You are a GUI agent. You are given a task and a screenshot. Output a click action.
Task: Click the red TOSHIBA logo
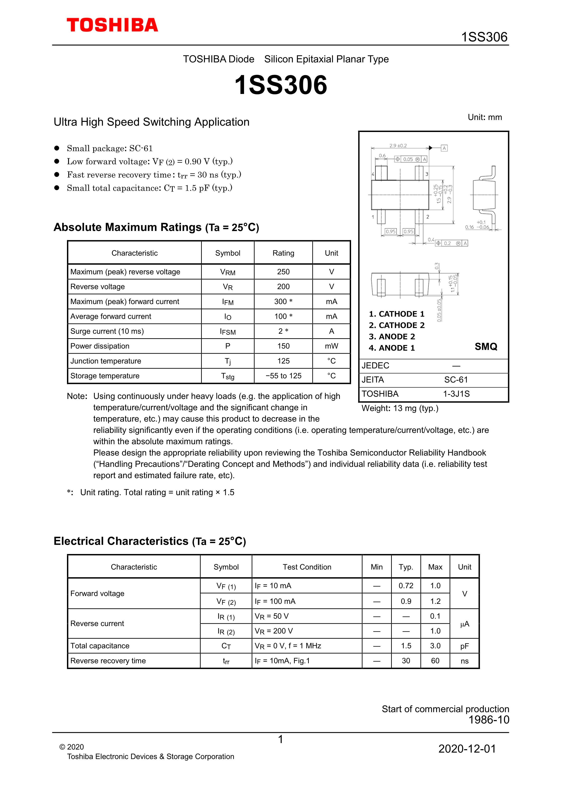click(112, 25)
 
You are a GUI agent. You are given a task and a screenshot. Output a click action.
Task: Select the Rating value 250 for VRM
click(283, 272)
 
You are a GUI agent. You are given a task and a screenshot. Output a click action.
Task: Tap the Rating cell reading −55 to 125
click(283, 376)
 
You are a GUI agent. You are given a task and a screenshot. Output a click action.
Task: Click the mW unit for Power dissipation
click(331, 346)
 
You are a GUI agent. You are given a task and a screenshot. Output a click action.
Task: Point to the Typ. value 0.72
click(406, 586)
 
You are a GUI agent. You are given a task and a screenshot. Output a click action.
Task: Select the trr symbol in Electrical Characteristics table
click(226, 661)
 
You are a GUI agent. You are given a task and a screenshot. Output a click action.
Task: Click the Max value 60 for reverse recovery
click(435, 661)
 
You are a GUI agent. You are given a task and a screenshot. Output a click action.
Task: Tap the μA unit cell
click(465, 624)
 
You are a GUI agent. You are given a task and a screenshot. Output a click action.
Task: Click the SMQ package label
click(486, 346)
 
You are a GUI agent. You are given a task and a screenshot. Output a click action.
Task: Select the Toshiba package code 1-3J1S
click(456, 394)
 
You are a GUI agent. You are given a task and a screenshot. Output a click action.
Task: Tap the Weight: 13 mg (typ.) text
click(400, 408)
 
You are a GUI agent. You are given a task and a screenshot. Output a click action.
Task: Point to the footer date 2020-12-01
click(467, 749)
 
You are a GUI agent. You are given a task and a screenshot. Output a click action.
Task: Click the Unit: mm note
click(485, 117)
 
